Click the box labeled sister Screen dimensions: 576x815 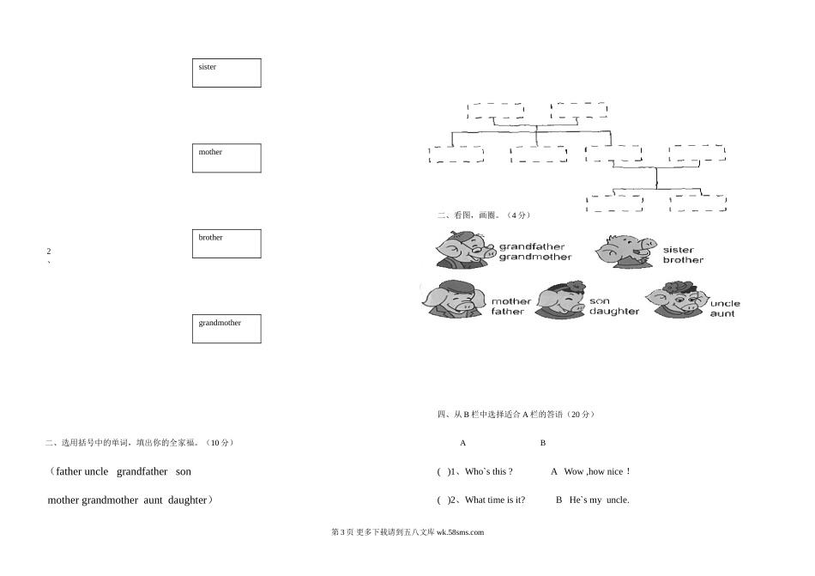226,73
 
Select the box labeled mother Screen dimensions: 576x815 226,158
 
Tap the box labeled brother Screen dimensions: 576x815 226,244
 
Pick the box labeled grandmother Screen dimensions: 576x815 226,329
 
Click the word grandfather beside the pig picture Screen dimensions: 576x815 532,247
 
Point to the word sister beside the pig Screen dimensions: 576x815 679,251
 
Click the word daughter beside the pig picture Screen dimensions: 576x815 614,312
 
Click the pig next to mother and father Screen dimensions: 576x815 454,300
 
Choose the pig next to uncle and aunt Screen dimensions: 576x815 678,300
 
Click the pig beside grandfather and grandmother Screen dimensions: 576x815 464,250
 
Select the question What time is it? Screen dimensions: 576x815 495,500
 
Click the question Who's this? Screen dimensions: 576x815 488,471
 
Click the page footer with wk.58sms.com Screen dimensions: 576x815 407,531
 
